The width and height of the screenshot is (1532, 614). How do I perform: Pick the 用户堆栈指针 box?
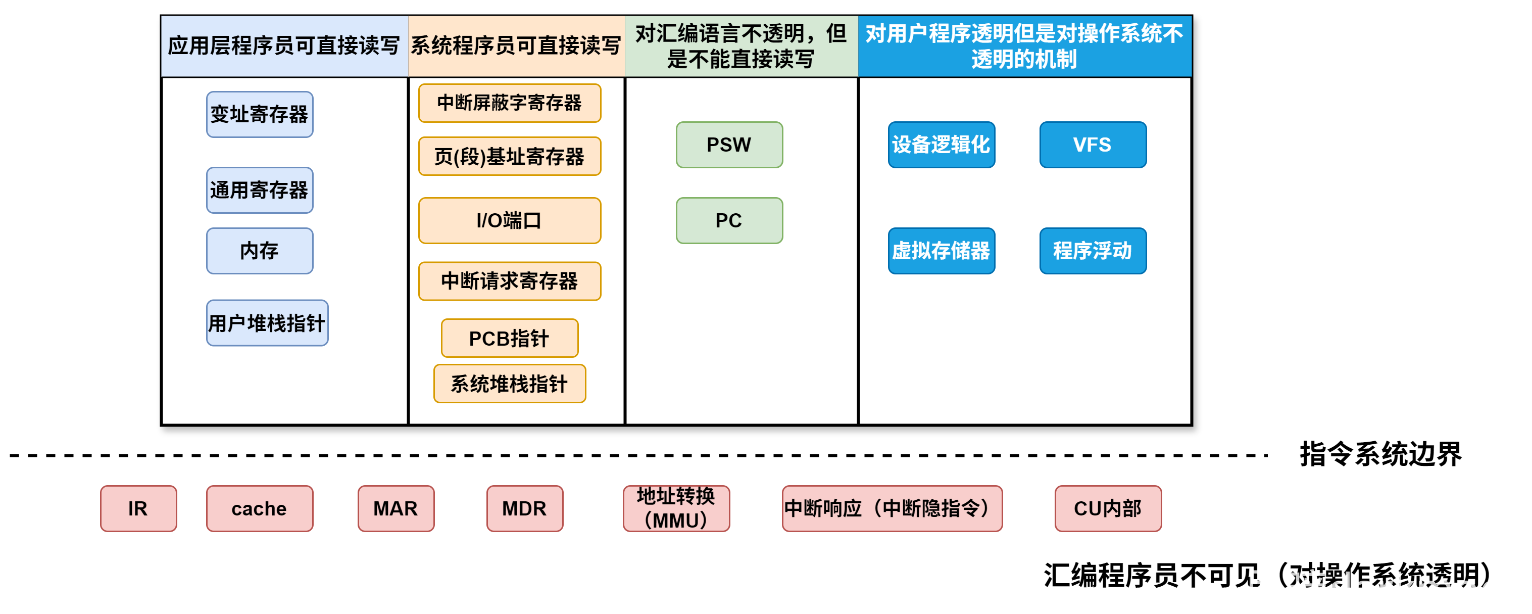click(267, 323)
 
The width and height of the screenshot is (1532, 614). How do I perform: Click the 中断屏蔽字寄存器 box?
click(510, 103)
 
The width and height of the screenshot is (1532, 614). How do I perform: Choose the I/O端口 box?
click(510, 220)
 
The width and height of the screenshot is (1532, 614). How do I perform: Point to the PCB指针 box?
click(510, 338)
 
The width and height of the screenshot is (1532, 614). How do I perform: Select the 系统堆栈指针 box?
click(510, 384)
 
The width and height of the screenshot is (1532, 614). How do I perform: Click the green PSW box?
click(729, 145)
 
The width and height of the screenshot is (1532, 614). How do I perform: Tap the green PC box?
click(729, 220)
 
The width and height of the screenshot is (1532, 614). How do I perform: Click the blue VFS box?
click(1093, 145)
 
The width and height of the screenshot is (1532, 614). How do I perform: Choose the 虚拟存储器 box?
click(941, 251)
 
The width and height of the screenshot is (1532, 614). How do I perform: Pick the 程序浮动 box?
click(1093, 251)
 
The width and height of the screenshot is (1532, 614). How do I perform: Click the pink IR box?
click(138, 508)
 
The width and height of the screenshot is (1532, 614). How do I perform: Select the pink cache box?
click(259, 508)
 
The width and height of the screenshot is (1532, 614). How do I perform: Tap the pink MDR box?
click(524, 508)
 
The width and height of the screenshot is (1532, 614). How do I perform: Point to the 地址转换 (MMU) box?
click(676, 508)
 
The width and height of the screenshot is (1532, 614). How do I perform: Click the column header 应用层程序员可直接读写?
click(284, 46)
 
